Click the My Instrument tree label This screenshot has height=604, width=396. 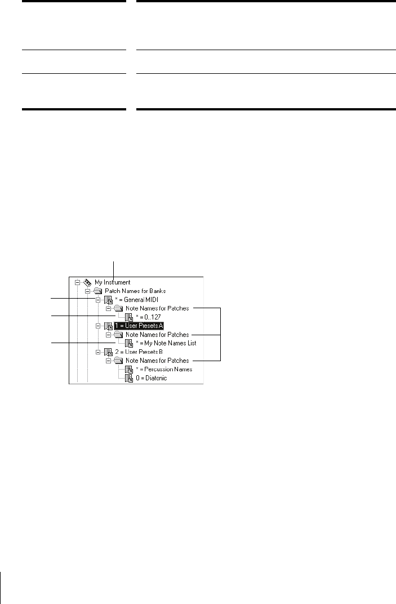click(113, 282)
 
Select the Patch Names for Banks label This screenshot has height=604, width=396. click(125, 291)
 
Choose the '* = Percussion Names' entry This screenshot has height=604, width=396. click(163, 369)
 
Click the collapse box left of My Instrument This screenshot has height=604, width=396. click(77, 282)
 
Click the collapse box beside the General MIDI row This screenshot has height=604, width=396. click(98, 300)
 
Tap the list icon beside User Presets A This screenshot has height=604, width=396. click(108, 326)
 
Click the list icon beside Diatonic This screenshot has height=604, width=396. click(129, 377)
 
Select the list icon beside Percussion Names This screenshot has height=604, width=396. click(129, 369)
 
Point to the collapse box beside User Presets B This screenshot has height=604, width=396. click(98, 352)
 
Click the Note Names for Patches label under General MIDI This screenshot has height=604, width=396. click(157, 308)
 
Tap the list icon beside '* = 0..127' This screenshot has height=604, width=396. click(129, 317)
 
